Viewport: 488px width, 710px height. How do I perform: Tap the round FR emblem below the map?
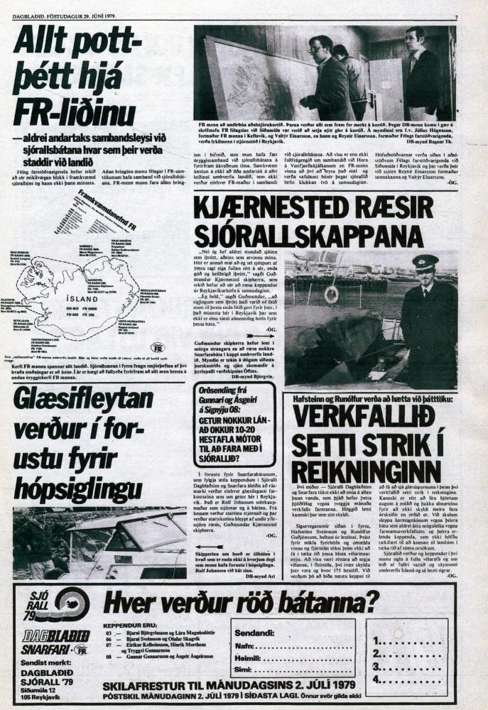(158, 347)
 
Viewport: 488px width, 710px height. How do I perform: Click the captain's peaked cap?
(425, 261)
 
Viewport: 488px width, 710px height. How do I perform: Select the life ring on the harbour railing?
(331, 294)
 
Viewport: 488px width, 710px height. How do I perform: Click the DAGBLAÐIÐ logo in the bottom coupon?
(50, 635)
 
